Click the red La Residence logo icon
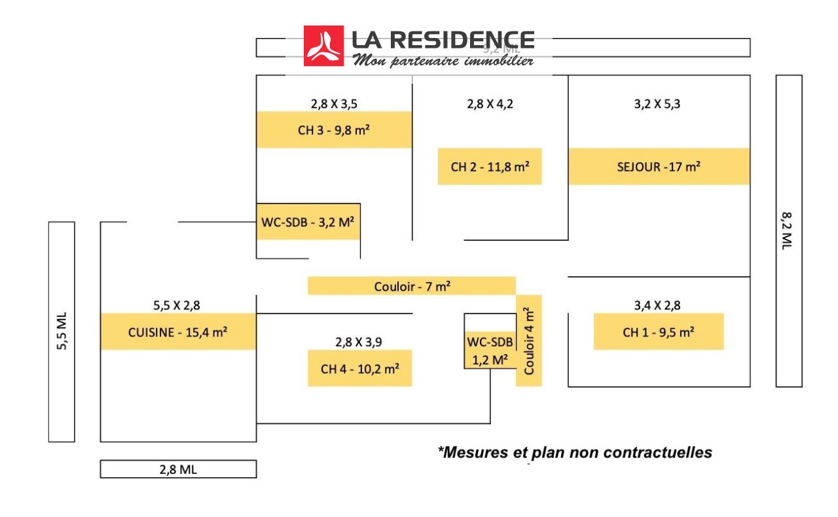[x=323, y=46]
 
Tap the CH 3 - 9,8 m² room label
[x=334, y=130]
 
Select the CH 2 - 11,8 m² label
[x=490, y=166]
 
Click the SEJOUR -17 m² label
[x=659, y=166]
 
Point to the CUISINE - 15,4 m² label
[x=177, y=332]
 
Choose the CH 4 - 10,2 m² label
[x=360, y=368]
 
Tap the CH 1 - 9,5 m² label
[x=659, y=332]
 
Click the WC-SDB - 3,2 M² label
[x=308, y=221]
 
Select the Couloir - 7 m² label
[x=412, y=286]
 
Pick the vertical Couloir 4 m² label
[x=529, y=341]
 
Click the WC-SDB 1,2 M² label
[x=490, y=350]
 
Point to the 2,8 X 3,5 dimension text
[x=334, y=103]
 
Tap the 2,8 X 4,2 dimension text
[x=490, y=103]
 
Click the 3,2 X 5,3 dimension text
[x=657, y=103]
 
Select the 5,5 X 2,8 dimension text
[x=177, y=305]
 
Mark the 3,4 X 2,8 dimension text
[x=657, y=305]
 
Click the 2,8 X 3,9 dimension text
[x=359, y=342]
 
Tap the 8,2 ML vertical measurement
[x=788, y=230]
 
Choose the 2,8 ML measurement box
[x=178, y=469]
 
